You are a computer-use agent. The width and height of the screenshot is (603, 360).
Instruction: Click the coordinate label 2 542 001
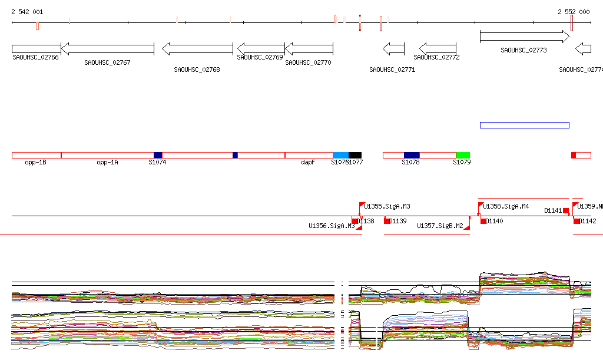coord(26,12)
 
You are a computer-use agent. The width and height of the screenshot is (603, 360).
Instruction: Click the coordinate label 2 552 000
coord(574,12)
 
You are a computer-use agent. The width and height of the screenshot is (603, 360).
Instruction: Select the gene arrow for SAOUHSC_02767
coord(107,49)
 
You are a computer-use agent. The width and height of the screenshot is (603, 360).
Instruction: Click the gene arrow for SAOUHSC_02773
coord(524,37)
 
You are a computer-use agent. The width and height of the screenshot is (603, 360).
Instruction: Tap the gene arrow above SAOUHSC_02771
coord(393,48)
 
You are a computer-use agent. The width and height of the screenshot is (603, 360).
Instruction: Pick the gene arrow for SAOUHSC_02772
coord(438,48)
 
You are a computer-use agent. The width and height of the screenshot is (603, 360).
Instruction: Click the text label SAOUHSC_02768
coord(197,70)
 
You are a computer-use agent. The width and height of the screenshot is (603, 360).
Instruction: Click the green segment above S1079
coord(463,155)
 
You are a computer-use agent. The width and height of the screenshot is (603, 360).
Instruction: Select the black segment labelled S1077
coord(355,155)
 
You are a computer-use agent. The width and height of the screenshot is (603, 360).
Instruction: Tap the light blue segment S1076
coord(340,155)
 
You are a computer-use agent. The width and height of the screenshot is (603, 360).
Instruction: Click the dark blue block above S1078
coord(412,155)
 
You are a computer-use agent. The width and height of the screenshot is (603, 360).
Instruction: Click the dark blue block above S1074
coord(158,155)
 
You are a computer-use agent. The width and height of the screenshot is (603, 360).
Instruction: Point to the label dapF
coord(308,162)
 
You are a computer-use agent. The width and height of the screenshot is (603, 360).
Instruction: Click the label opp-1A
coord(107,162)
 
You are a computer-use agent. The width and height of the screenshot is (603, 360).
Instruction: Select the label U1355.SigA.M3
coord(387,207)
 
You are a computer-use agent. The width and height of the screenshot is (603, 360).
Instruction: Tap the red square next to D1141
coord(566,210)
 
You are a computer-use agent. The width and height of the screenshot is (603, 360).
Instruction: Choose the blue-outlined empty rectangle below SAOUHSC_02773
coord(524,125)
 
